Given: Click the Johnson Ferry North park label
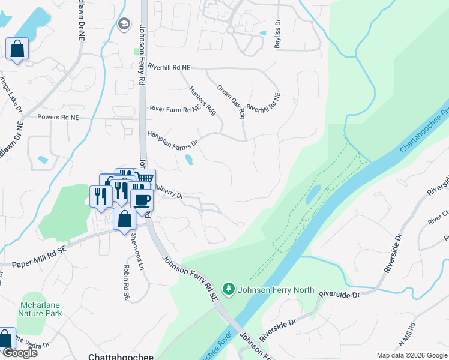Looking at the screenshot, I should pos(276,290).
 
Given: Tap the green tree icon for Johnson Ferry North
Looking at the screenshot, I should pos(229,290).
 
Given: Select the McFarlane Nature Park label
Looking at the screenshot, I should pos(40,308).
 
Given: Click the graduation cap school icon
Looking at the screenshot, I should pos(124,23).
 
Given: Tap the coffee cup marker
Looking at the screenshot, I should pos(142,200).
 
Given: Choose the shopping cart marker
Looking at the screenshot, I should pos(144,178).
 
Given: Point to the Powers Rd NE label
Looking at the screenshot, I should pos(58,118).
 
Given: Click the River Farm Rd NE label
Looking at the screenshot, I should pos(175,109).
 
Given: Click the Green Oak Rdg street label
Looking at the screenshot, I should pos(232,101).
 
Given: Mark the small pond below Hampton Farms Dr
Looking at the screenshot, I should pos(189,160).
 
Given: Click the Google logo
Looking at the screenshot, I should pos(19,353).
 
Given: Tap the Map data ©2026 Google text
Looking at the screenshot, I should pos(411,355).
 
